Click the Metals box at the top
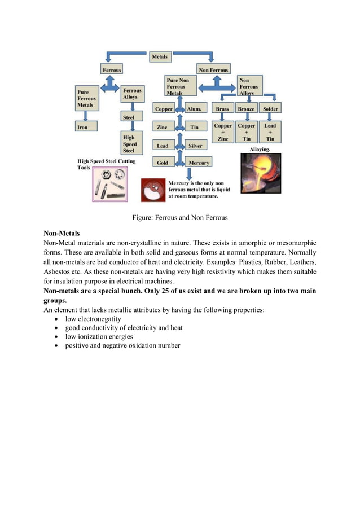coord(159,56)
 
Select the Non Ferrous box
coord(213,69)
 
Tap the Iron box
coord(86,127)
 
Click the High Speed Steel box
coord(131,143)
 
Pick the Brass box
coord(222,108)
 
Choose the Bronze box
coord(246,108)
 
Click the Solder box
coord(270,108)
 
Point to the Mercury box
coord(199,163)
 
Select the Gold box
coord(163,163)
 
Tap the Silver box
coord(195,146)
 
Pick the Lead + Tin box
coord(270,132)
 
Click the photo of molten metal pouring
coord(260,173)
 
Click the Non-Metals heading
coord(62,233)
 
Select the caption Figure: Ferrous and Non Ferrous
coord(179,217)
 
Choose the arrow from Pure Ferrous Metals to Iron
coord(86,115)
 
